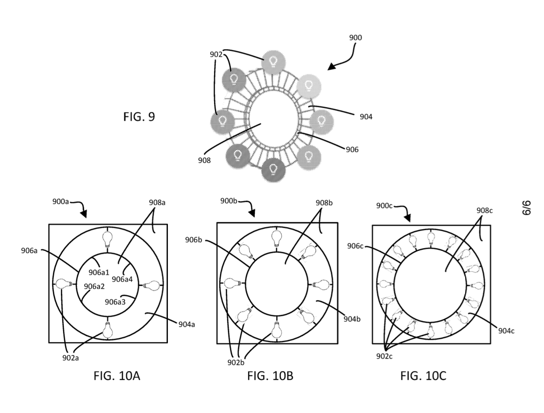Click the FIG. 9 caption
point(139,117)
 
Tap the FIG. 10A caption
point(117,376)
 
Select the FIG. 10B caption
point(270,376)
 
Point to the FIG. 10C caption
point(423,376)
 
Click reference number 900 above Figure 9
point(356,38)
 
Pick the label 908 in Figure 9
point(204,161)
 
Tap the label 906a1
point(99,272)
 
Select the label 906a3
point(115,302)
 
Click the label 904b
point(352,319)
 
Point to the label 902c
point(384,356)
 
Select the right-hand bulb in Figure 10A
point(151,285)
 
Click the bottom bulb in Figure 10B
point(276,330)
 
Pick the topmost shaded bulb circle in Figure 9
point(273,62)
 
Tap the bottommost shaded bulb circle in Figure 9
point(273,170)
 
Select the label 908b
point(324,203)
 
